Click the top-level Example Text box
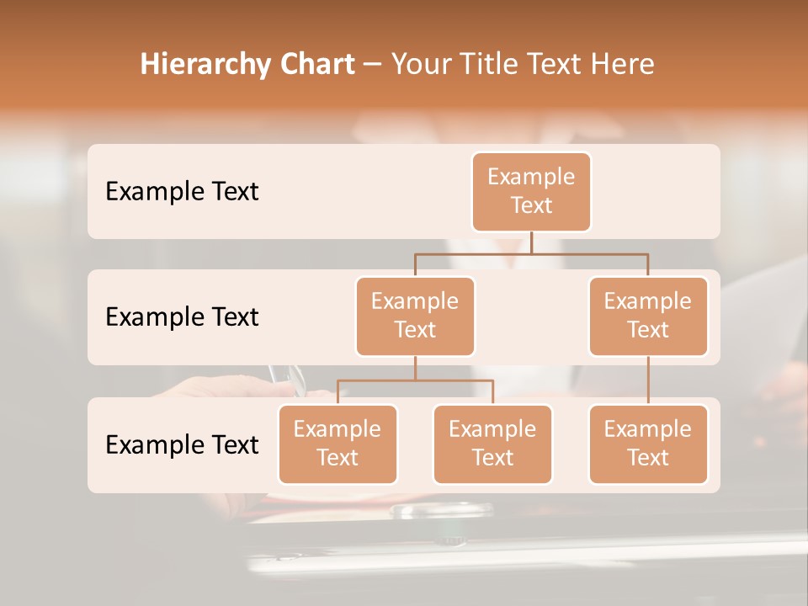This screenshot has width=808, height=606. point(531,191)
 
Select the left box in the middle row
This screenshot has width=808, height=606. point(415,316)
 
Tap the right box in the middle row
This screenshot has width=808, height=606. point(648,316)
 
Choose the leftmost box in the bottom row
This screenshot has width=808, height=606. point(338,444)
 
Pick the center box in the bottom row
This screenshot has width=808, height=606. point(492,444)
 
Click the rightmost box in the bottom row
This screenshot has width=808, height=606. point(648,444)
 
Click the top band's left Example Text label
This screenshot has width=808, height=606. point(182,192)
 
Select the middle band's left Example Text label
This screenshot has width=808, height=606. point(182,317)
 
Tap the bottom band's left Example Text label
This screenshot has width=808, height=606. point(182,445)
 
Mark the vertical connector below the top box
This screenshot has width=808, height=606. point(531,242)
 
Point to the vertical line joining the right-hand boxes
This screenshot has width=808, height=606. point(648,380)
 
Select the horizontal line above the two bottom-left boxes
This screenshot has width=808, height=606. point(415,380)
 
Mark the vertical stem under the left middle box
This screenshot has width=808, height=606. point(415,368)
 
